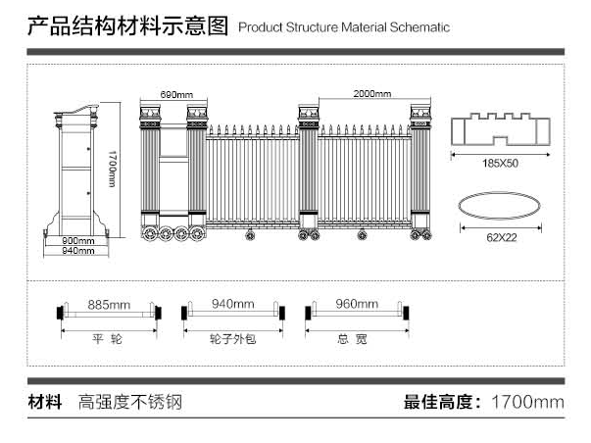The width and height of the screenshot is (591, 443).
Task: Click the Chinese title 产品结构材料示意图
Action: click(x=126, y=25)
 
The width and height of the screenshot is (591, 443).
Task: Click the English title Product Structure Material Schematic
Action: click(x=344, y=27)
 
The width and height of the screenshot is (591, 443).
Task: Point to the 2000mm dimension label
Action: click(x=371, y=94)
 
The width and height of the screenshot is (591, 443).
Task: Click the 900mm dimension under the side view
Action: click(x=77, y=240)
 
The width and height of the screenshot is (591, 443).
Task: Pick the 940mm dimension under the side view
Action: click(x=77, y=251)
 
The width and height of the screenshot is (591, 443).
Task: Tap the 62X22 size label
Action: click(x=501, y=236)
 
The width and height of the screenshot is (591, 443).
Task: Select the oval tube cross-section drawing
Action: click(x=501, y=207)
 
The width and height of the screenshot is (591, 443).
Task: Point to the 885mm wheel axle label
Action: click(x=109, y=304)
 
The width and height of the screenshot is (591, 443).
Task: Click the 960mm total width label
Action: click(x=356, y=304)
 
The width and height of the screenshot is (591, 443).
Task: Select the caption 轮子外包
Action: click(x=232, y=338)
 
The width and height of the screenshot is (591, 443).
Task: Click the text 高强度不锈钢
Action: click(x=131, y=402)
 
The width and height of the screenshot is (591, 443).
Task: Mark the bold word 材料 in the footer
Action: click(x=45, y=402)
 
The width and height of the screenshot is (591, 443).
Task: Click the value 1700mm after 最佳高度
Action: click(x=526, y=402)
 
